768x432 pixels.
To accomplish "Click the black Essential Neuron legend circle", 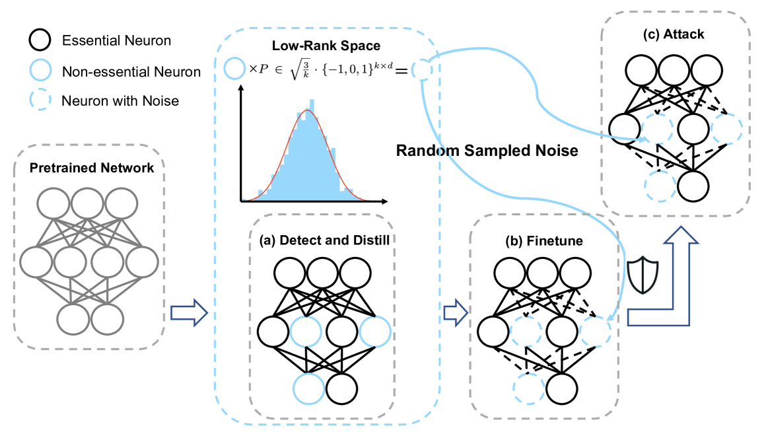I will [40, 41].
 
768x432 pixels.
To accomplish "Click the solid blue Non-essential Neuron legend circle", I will [40, 71].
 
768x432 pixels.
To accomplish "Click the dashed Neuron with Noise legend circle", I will [40, 101].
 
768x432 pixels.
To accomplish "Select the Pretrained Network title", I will [92, 168].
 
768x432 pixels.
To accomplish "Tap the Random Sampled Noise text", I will [487, 151].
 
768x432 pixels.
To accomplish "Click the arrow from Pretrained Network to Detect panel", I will [188, 311].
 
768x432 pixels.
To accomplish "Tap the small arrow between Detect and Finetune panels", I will [454, 311].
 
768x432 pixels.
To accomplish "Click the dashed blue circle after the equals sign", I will [421, 69].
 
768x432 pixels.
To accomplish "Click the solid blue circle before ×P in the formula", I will [234, 69].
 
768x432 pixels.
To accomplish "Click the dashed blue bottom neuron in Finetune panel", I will [530, 386].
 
